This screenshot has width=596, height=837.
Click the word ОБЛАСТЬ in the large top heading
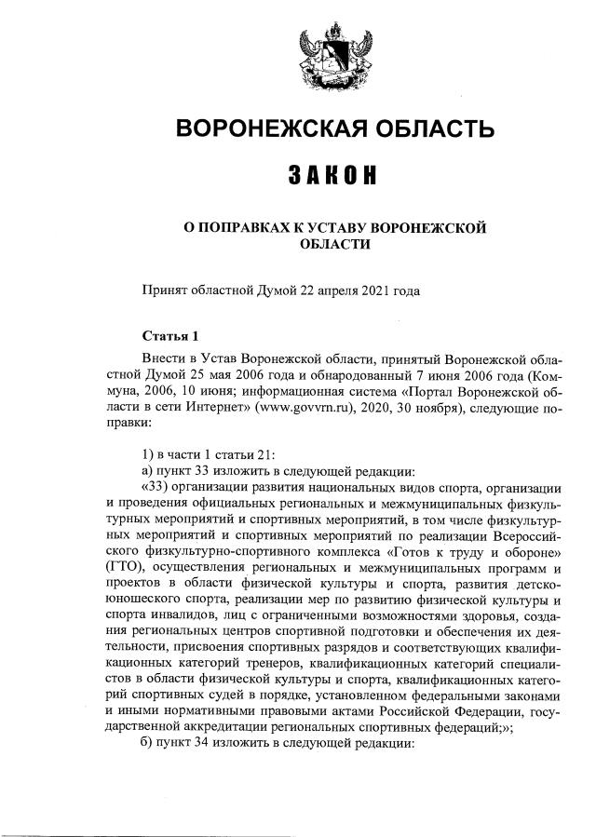tap(412, 129)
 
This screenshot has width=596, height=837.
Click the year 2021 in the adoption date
tap(371, 290)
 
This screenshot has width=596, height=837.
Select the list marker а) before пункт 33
tap(147, 469)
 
